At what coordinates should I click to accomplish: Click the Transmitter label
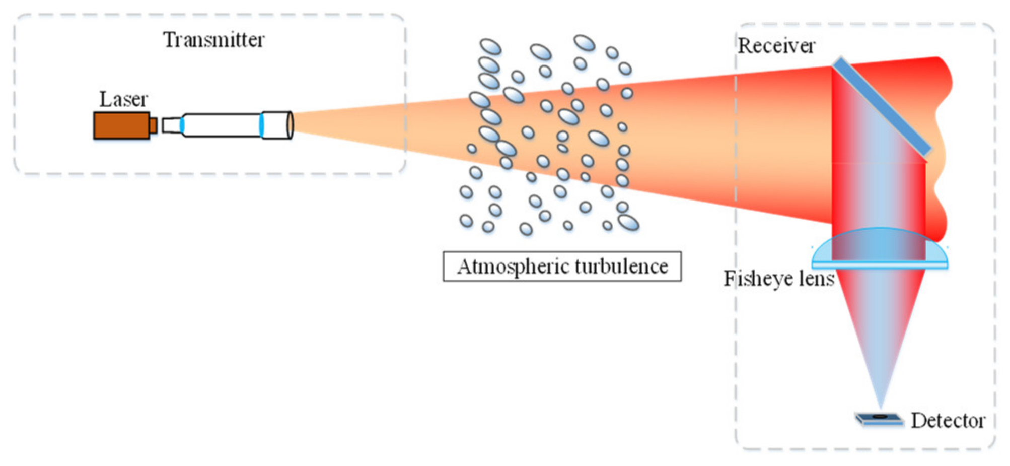pyautogui.click(x=213, y=40)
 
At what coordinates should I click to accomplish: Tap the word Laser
pyautogui.click(x=123, y=99)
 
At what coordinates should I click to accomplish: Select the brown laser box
pyautogui.click(x=121, y=126)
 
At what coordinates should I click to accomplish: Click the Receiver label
pyautogui.click(x=776, y=46)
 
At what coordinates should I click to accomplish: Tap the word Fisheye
pyautogui.click(x=758, y=279)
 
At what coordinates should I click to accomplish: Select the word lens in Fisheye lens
pyautogui.click(x=815, y=279)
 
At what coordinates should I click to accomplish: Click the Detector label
pyautogui.click(x=948, y=421)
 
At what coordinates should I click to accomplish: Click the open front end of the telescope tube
pyautogui.click(x=290, y=125)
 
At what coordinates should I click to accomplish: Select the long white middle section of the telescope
pyautogui.click(x=222, y=125)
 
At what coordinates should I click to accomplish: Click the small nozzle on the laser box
pyautogui.click(x=153, y=126)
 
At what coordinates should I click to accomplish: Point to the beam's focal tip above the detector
pyautogui.click(x=881, y=406)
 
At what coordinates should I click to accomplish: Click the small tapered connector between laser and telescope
pyautogui.click(x=171, y=125)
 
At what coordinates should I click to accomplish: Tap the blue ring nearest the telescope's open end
pyautogui.click(x=261, y=125)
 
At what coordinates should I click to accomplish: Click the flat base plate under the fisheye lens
pyautogui.click(x=880, y=264)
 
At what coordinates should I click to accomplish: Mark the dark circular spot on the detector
pyautogui.click(x=879, y=417)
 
